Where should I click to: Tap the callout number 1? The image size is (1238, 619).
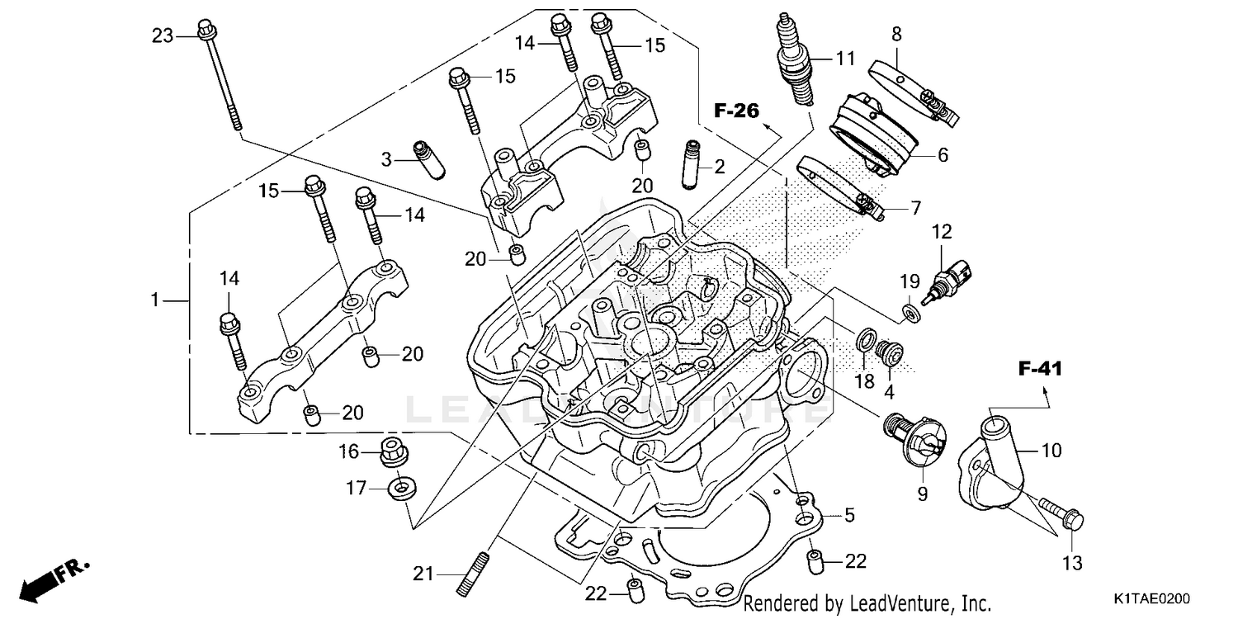tap(154, 300)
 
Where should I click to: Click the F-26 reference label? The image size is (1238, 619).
tap(736, 111)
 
